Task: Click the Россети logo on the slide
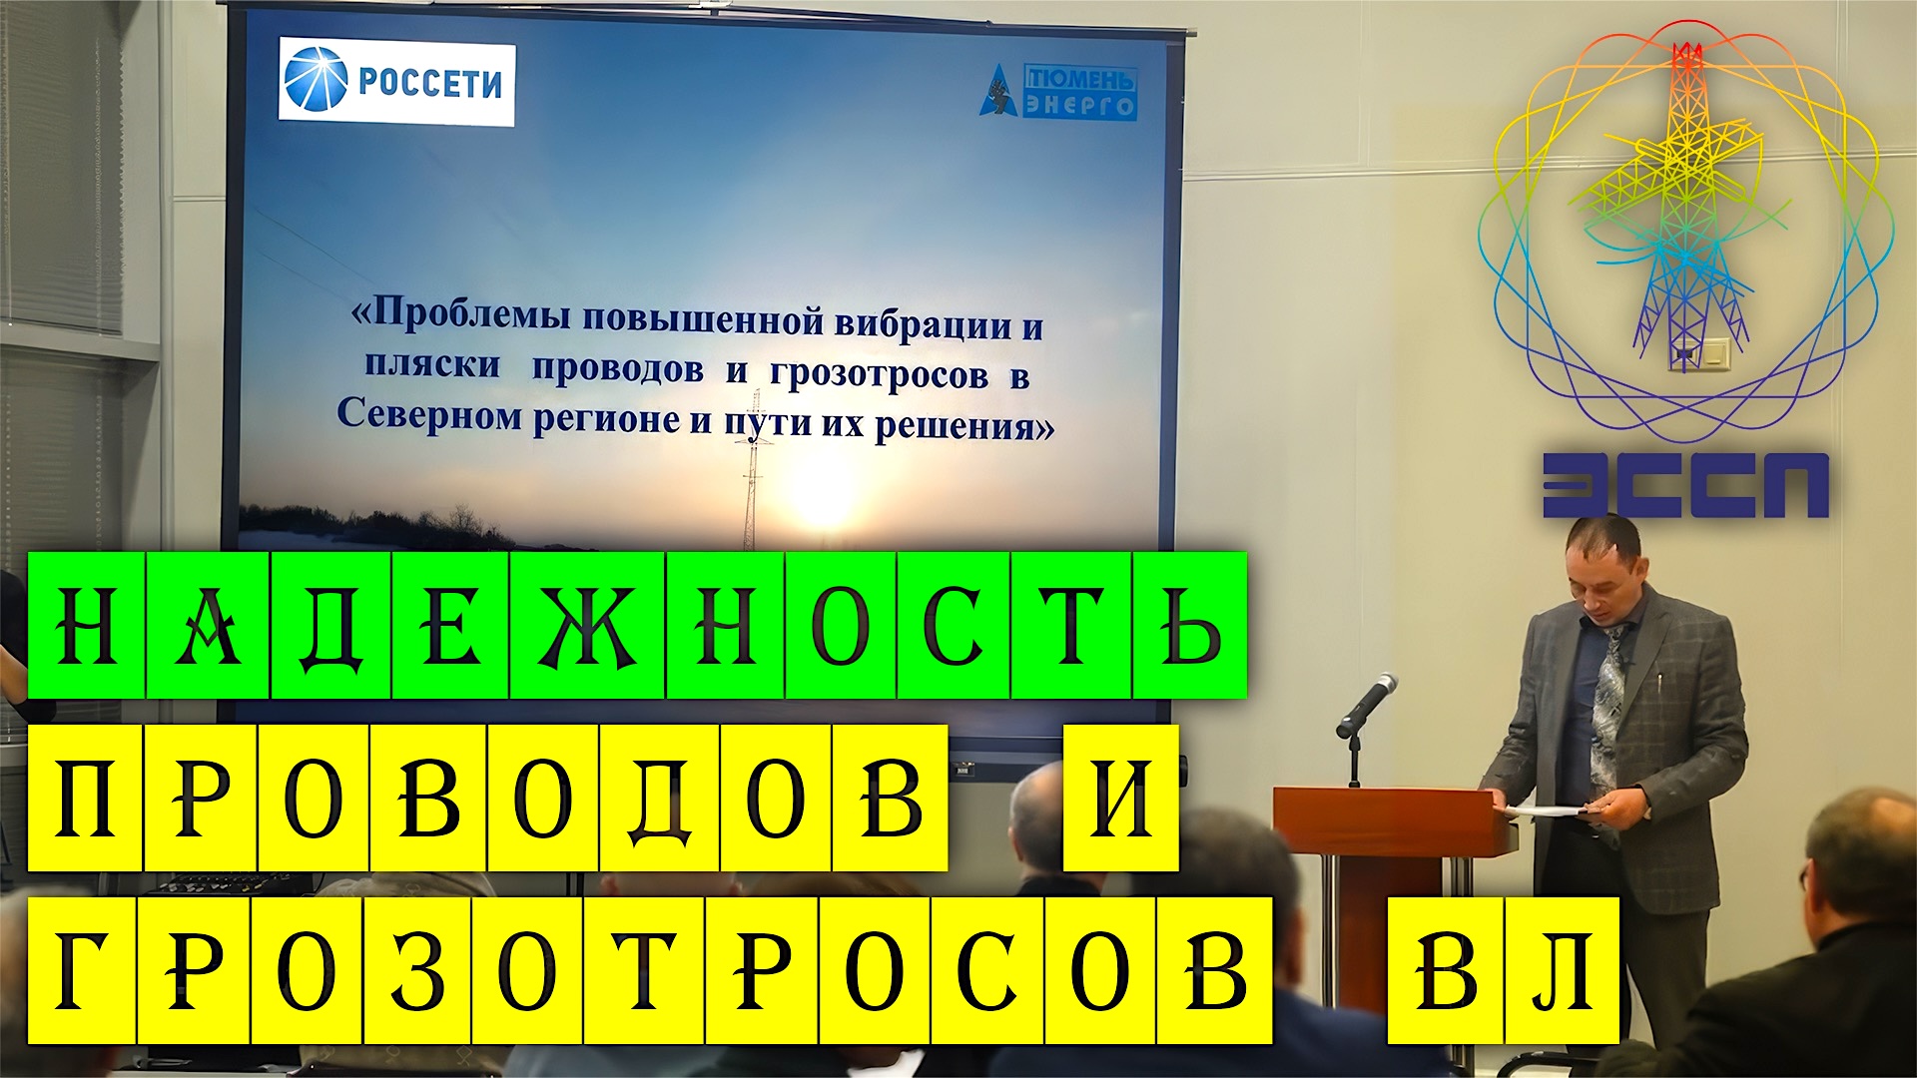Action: [x=396, y=83]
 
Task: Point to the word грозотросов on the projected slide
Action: [x=879, y=374]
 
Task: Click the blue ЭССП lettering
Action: [x=1685, y=485]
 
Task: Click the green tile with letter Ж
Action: [x=587, y=626]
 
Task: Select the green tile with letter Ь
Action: [x=1189, y=626]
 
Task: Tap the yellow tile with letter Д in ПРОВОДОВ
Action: [x=660, y=799]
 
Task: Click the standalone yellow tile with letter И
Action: [x=1121, y=799]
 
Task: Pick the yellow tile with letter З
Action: [x=418, y=970]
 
